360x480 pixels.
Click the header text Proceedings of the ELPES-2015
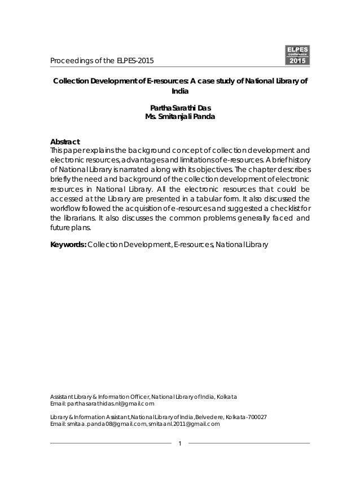point(102,61)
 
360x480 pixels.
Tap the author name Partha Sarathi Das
point(180,108)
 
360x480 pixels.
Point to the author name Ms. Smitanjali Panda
point(180,117)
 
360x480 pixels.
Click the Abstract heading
point(65,141)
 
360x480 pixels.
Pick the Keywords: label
point(68,245)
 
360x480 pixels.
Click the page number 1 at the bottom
point(179,442)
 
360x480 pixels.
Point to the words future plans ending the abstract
point(69,229)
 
